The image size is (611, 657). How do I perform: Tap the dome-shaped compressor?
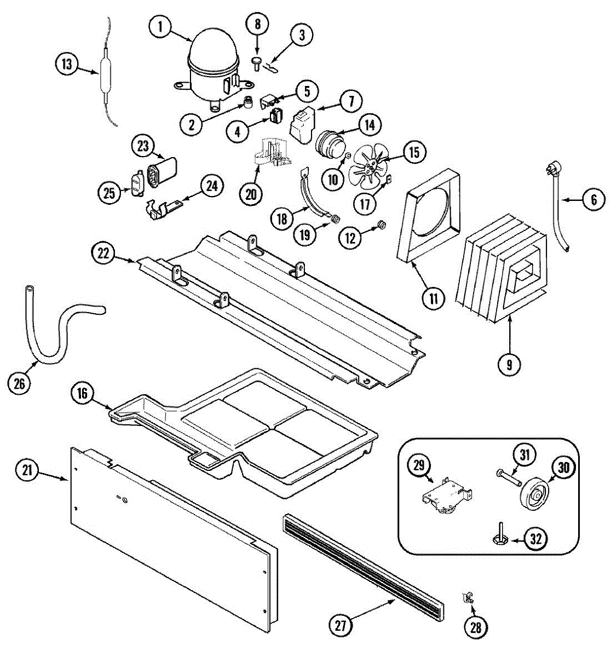pos(214,66)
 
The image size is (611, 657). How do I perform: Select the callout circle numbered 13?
pos(67,65)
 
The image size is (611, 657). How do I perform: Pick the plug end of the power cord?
pos(550,171)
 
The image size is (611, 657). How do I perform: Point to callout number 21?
pos(27,470)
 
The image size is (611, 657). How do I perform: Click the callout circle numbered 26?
pos(20,383)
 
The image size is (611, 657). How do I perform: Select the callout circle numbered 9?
pos(509,365)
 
